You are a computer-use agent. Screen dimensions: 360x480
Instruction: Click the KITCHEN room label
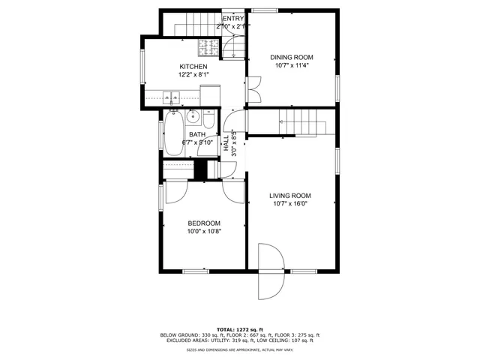coord(193,67)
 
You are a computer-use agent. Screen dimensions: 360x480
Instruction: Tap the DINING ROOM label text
coord(292,57)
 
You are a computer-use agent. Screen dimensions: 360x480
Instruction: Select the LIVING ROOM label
coord(290,196)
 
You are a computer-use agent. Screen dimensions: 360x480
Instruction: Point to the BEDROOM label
coord(204,223)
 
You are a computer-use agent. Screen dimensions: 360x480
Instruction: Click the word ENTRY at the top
coord(233,19)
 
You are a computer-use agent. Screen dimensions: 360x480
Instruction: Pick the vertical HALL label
coord(226,142)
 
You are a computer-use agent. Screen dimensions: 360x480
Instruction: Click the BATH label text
coord(197,134)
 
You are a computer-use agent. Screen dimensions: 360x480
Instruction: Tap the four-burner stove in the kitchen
coord(208,49)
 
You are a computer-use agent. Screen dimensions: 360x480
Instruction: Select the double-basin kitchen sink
coord(172,97)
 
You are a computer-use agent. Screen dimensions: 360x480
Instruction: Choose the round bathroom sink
coord(193,117)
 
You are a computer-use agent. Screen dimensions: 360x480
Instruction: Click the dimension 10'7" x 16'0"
coord(290,203)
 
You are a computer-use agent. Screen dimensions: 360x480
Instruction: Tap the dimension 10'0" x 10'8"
coord(204,231)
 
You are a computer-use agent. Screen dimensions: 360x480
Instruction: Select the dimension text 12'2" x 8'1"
coord(193,74)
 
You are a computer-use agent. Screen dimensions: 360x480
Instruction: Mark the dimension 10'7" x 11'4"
coord(292,65)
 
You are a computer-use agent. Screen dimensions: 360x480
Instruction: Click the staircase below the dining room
coord(304,121)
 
